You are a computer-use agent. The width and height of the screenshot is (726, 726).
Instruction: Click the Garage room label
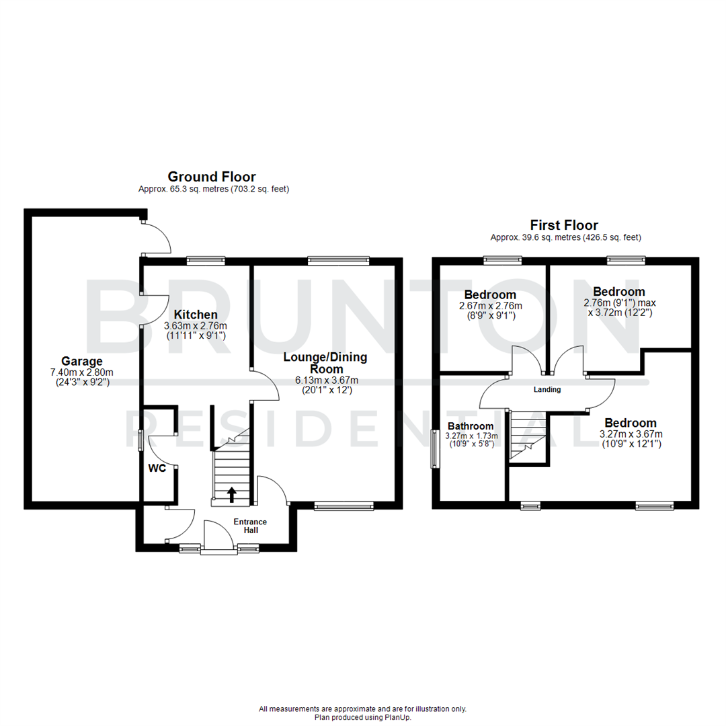pos(82,360)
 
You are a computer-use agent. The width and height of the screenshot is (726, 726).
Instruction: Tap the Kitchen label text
pos(196,315)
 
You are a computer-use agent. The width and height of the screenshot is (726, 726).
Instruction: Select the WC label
pos(157,469)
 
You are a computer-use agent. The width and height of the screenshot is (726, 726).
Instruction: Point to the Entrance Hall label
pos(250,526)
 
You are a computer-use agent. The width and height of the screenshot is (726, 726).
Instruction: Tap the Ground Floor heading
pos(212,177)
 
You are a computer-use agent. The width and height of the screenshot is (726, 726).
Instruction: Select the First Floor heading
pos(564,225)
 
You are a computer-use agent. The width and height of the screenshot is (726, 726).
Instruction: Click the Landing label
pos(547,389)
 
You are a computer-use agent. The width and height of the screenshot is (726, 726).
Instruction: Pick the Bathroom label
pos(471,426)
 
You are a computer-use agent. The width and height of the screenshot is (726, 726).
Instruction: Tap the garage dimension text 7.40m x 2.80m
pos(82,372)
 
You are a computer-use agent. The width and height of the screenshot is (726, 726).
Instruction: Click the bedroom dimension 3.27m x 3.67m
pos(631,434)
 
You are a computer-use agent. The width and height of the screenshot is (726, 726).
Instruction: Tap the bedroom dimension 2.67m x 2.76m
pos(490,305)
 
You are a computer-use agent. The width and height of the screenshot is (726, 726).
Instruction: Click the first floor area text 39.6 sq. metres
pos(565,237)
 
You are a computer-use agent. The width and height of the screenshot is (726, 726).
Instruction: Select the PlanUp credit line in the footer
pos(362,717)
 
